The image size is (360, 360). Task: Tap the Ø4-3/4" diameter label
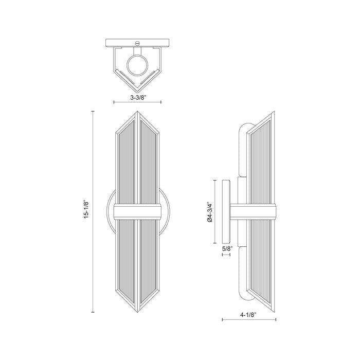click(209, 212)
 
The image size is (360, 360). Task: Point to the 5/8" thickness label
click(227, 249)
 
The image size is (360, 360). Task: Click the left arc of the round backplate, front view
click(109, 212)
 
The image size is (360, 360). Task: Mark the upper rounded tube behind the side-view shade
click(243, 149)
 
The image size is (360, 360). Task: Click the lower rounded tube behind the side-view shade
click(243, 273)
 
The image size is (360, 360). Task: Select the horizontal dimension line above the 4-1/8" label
click(251, 319)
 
